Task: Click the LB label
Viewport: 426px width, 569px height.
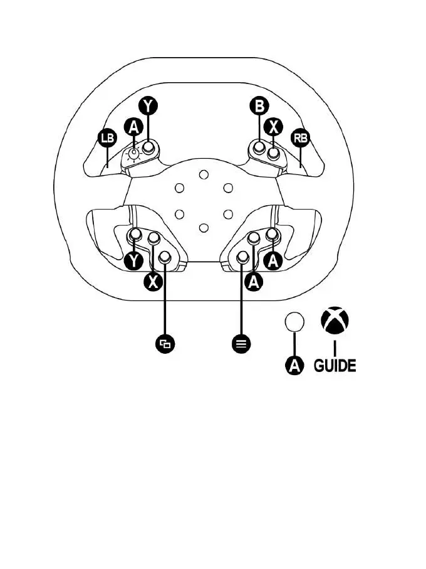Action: point(108,137)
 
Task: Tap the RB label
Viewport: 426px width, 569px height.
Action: point(301,137)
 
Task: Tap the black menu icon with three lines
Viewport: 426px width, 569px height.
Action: point(242,343)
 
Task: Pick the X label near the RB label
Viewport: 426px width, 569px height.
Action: point(273,126)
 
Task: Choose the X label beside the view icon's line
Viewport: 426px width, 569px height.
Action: point(152,282)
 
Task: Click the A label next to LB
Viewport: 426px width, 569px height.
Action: point(133,126)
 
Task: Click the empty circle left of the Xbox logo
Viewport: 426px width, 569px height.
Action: point(294,322)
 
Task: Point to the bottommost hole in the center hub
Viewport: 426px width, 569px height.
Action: point(203,227)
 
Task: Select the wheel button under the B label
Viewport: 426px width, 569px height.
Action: point(258,149)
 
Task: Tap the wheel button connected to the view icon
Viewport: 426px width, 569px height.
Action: point(165,257)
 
